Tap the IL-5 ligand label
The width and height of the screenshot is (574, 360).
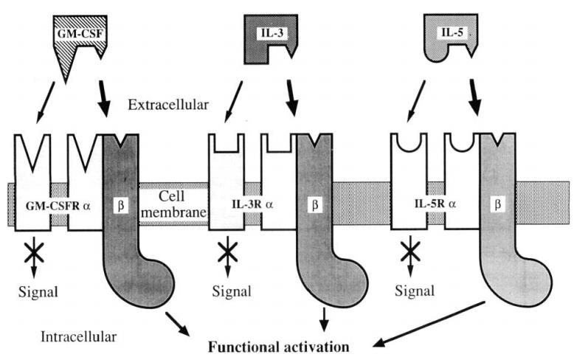click(x=445, y=32)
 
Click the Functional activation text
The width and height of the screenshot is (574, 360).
click(x=280, y=344)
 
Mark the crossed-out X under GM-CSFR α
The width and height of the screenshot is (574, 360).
click(x=35, y=254)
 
